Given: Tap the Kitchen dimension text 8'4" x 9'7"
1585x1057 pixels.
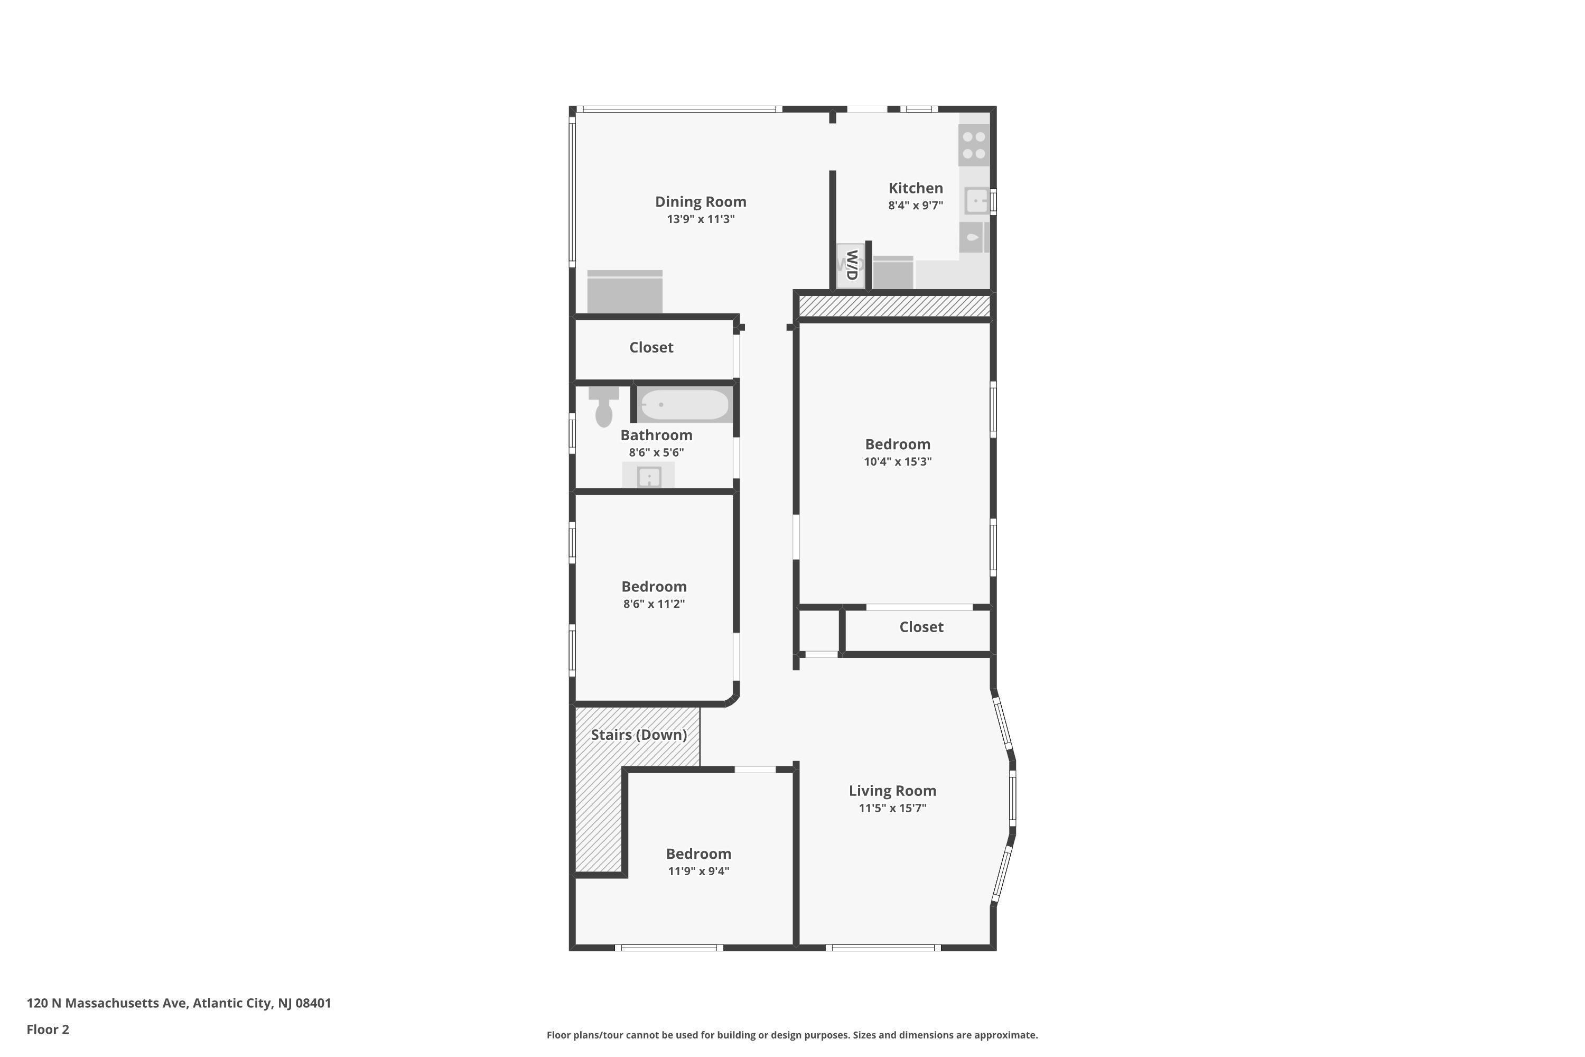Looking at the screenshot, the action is (x=915, y=206).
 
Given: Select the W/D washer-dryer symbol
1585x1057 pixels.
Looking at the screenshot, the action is (x=851, y=266).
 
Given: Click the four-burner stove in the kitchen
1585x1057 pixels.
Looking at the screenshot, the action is (x=974, y=145).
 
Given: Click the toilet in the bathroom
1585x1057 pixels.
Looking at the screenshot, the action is (x=604, y=406).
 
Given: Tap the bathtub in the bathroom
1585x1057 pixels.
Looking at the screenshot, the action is (x=685, y=404).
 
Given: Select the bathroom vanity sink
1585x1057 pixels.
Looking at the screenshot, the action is (x=648, y=475).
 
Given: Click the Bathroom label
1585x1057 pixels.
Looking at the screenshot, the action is (x=656, y=435).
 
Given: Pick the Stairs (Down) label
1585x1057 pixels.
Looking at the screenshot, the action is (x=639, y=735).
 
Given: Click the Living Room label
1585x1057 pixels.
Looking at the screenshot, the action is (x=892, y=791).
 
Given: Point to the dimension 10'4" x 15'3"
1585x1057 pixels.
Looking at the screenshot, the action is (x=898, y=462).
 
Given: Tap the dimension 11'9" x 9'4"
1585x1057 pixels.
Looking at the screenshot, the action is (x=699, y=871).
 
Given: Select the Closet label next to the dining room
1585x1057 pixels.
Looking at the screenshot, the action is (x=651, y=347).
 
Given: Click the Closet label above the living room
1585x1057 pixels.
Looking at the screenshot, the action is (x=921, y=627).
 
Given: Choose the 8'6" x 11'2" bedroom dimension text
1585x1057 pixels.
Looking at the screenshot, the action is (x=654, y=604).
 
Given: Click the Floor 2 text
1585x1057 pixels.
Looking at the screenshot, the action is (x=48, y=1030).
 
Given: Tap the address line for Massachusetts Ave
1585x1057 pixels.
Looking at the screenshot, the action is (x=179, y=1003).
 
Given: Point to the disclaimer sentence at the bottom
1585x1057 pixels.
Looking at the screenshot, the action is (x=792, y=1035).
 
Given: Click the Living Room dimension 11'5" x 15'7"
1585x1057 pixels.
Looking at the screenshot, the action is (x=892, y=808).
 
